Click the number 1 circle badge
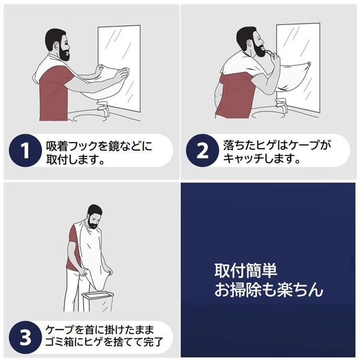[25, 150]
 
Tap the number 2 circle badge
[202, 150]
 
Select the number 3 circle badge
[25, 337]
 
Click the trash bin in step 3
[98, 300]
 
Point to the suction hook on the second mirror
[309, 64]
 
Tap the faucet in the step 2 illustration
[281, 105]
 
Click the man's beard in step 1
[64, 53]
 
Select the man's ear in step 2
[249, 43]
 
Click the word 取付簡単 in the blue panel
[246, 270]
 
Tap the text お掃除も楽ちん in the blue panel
[269, 290]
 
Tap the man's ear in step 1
[56, 46]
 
